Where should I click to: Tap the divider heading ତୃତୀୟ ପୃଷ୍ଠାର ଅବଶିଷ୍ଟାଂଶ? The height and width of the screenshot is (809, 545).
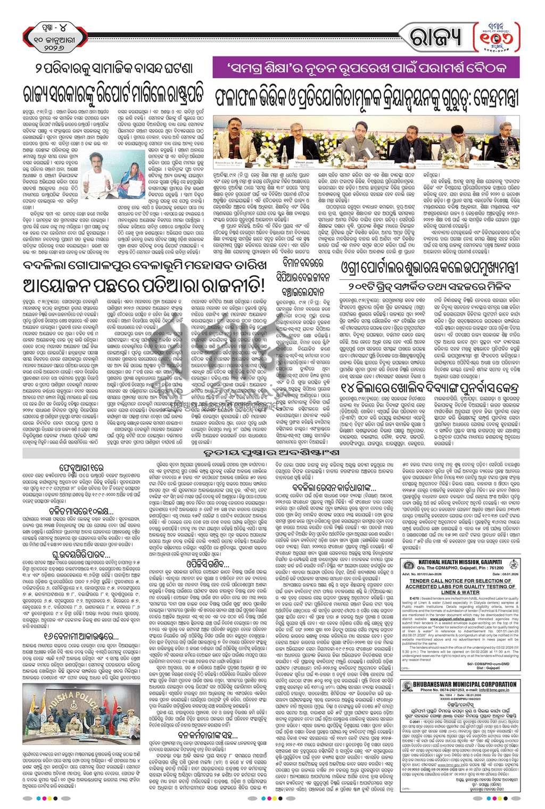(272, 453)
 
